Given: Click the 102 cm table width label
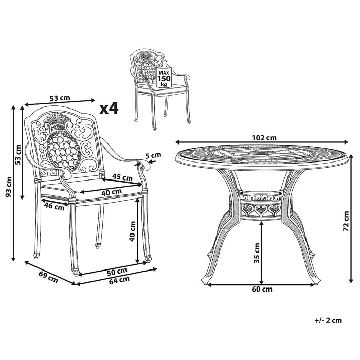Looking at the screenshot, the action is point(264,138).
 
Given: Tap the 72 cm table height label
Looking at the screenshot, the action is point(346,221).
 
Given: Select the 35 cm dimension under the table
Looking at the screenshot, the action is point(257,253).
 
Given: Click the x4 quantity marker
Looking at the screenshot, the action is point(109,109).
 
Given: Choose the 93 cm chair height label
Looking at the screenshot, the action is point(9,187).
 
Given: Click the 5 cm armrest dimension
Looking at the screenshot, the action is point(153,156).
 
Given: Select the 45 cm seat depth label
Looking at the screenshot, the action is point(122,177).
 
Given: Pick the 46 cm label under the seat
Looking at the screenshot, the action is point(54,206).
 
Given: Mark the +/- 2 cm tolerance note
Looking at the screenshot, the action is point(328,320).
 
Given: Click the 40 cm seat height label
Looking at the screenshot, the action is point(132,231).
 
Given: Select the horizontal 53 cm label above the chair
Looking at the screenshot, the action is point(60,98).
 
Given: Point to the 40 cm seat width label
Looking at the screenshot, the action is point(112,192).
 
